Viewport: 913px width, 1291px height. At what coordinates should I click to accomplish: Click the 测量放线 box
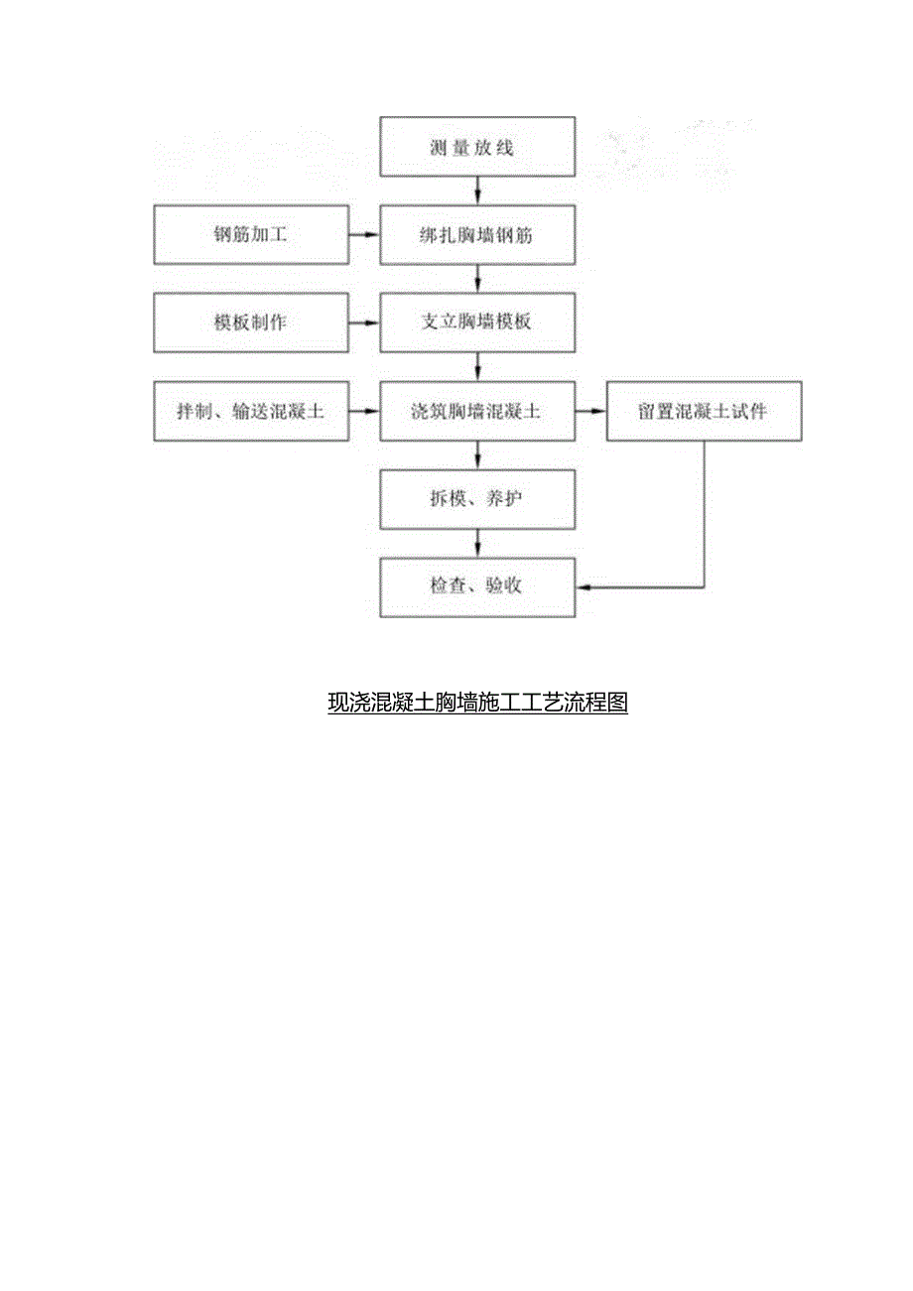click(477, 148)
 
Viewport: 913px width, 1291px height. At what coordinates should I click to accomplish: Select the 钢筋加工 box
click(251, 235)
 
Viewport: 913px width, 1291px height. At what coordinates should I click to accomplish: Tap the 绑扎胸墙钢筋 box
click(477, 235)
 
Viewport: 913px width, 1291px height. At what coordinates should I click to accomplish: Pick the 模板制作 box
click(251, 323)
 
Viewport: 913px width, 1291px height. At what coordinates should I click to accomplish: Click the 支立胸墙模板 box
click(477, 323)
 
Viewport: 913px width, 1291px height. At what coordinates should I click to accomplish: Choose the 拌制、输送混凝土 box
click(251, 411)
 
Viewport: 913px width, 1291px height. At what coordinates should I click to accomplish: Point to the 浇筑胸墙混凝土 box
click(477, 411)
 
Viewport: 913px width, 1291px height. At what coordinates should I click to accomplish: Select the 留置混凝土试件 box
click(704, 411)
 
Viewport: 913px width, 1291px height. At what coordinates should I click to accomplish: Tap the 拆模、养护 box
click(477, 498)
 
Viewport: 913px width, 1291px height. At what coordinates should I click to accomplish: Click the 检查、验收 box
click(477, 586)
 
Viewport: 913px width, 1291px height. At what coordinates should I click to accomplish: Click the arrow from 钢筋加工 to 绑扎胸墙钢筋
click(364, 235)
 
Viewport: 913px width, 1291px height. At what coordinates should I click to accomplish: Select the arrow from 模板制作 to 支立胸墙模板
click(364, 323)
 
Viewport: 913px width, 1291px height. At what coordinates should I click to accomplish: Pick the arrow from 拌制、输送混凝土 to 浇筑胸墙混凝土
click(364, 411)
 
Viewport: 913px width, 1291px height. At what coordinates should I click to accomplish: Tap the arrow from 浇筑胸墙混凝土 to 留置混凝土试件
click(590, 411)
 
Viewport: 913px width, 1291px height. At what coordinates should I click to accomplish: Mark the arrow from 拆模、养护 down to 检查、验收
click(478, 543)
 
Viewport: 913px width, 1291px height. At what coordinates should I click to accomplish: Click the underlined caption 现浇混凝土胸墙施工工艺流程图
click(477, 704)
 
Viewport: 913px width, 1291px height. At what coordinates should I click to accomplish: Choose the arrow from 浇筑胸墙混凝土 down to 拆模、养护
click(478, 454)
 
